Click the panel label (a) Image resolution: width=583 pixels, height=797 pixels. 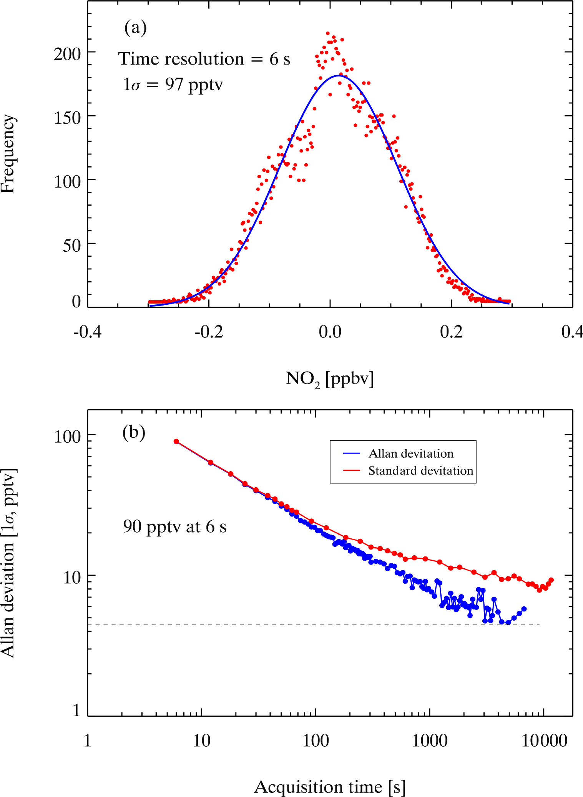click(x=135, y=28)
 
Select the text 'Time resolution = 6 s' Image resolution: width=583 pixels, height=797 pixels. click(x=204, y=59)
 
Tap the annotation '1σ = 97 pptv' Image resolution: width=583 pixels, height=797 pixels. click(x=173, y=85)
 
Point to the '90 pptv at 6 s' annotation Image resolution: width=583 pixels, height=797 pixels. click(x=174, y=526)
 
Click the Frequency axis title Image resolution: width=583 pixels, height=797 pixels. click(x=8, y=154)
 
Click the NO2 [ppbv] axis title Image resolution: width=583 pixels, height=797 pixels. click(x=330, y=379)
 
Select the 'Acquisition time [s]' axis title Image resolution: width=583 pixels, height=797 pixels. click(x=330, y=787)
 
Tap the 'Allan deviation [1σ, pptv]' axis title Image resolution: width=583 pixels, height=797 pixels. click(x=8, y=563)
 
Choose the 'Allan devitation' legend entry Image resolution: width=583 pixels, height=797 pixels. click(x=411, y=454)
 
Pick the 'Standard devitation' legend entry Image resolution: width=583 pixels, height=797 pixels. click(x=420, y=471)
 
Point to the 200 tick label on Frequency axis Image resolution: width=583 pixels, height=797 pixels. click(x=67, y=54)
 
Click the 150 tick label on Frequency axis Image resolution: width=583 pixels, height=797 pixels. click(x=67, y=118)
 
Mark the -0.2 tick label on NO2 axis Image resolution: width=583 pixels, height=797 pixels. click(x=209, y=331)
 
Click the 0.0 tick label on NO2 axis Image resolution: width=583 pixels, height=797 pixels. click(x=330, y=331)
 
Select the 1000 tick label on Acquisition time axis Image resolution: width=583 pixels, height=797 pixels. click(x=430, y=741)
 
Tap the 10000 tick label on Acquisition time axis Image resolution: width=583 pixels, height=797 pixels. click(x=544, y=741)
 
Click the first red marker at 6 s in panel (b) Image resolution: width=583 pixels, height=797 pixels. click(x=176, y=442)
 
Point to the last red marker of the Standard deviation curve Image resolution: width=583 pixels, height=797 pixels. click(x=551, y=580)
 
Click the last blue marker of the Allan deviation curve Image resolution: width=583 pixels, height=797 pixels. click(x=524, y=609)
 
